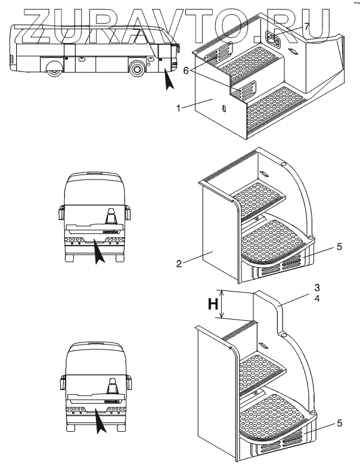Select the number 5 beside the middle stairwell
click(339, 246)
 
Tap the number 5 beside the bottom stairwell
click(339, 423)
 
